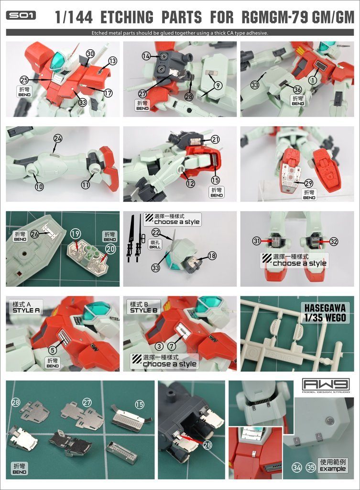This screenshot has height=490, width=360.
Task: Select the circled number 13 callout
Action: coord(112,61)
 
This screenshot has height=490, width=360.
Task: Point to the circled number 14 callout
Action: coord(146,56)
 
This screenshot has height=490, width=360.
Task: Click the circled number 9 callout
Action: coord(217,86)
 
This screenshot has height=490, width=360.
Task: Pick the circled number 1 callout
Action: coord(314,80)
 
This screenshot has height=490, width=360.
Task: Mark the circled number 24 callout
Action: coord(58,138)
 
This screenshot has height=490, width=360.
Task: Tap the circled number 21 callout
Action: coord(215,139)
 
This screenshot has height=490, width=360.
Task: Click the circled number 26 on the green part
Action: coord(34,234)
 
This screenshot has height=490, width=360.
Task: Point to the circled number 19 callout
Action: coord(74,234)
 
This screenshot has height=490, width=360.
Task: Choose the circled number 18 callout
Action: coord(212,256)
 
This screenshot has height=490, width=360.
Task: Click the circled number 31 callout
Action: coord(257,241)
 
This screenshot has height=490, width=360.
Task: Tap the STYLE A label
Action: coord(25,307)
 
